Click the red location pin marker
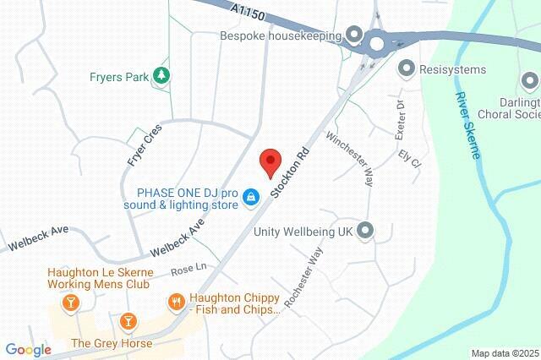click(270, 161)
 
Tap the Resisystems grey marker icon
click(407, 67)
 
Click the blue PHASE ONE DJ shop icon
click(250, 197)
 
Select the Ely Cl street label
click(410, 159)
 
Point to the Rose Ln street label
click(189, 271)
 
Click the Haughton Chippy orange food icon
click(177, 302)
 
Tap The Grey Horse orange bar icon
click(128, 321)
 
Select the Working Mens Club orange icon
click(72, 302)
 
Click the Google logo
click(28, 349)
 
